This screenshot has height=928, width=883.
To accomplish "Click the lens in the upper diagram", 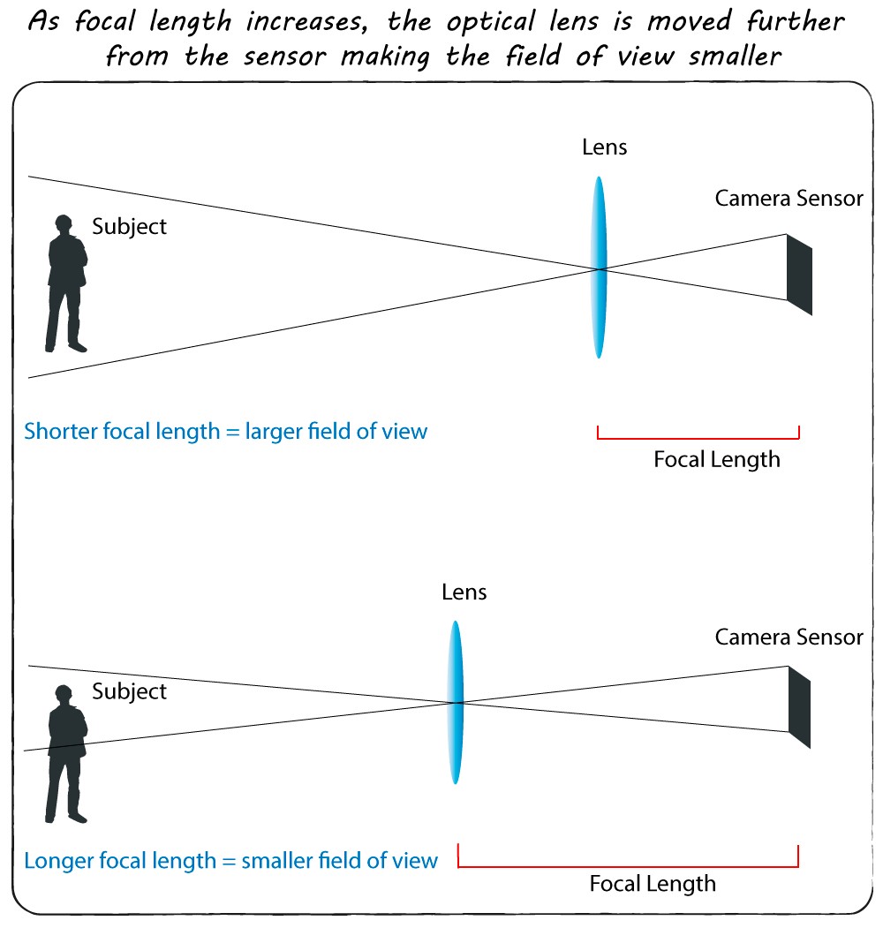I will tap(600, 268).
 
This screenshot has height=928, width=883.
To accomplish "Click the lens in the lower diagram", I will tap(456, 702).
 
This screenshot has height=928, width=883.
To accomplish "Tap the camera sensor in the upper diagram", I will tap(799, 274).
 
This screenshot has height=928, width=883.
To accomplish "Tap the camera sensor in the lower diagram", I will tap(799, 707).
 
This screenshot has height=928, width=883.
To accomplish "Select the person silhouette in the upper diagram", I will tap(66, 283).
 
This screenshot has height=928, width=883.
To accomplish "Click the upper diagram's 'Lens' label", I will tap(604, 147).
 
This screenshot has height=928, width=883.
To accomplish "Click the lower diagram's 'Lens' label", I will tap(464, 592).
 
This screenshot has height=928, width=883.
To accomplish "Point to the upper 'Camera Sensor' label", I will tap(789, 198).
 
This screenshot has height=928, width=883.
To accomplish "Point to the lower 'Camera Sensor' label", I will tap(789, 637).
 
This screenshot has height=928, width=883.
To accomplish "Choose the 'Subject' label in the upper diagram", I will tap(129, 226).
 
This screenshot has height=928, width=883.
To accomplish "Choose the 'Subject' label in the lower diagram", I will tap(129, 691).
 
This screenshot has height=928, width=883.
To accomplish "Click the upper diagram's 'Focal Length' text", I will tap(717, 459).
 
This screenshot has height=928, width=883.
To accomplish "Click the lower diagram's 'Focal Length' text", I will tap(653, 883).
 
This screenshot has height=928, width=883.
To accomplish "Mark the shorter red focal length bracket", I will tap(698, 437).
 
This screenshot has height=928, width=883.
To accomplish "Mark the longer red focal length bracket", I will tap(628, 866).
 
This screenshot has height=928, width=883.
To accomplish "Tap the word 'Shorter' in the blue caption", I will tap(60, 432).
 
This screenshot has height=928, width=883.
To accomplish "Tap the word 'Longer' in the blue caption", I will tap(57, 860).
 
